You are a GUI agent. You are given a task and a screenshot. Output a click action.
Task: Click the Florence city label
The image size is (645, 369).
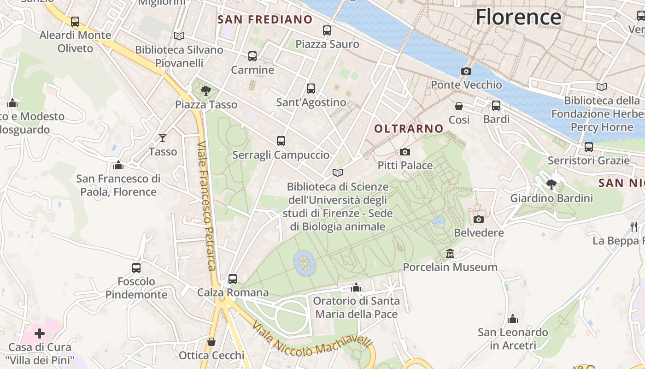(518, 17)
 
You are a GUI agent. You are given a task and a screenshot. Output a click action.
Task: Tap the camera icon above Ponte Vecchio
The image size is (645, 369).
(466, 71)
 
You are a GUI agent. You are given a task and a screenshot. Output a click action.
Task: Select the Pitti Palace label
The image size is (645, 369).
(405, 165)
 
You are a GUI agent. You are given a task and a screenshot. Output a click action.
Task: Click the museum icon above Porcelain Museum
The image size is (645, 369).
(450, 254)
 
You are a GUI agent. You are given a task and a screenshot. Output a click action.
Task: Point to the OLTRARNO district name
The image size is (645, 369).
(409, 129)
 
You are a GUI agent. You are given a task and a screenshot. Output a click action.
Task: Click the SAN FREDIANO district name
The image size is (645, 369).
(265, 19)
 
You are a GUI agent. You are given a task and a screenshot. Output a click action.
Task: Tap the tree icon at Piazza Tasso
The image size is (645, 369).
(206, 90)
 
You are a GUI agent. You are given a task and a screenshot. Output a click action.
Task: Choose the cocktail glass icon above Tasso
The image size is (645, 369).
(163, 137)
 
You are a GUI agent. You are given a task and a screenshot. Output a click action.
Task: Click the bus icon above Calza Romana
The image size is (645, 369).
(233, 279)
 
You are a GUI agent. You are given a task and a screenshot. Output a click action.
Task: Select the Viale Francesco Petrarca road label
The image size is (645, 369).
(207, 205)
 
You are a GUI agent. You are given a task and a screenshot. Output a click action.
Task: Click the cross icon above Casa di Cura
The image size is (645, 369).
(40, 333)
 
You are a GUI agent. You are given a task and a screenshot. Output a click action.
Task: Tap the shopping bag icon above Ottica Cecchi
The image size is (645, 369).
(211, 342)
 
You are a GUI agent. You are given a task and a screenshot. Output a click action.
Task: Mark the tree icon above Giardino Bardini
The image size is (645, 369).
(551, 184)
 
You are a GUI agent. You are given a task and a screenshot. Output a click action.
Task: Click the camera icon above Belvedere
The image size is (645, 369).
(479, 219)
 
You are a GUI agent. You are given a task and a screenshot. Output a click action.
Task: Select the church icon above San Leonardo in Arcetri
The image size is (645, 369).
(513, 319)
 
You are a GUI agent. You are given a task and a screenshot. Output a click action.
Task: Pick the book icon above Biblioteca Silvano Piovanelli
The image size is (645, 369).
(179, 36)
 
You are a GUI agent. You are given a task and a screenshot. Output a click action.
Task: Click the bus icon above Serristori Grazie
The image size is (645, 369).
(588, 147)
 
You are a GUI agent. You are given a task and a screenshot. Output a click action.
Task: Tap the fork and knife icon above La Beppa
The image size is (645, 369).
(634, 226)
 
